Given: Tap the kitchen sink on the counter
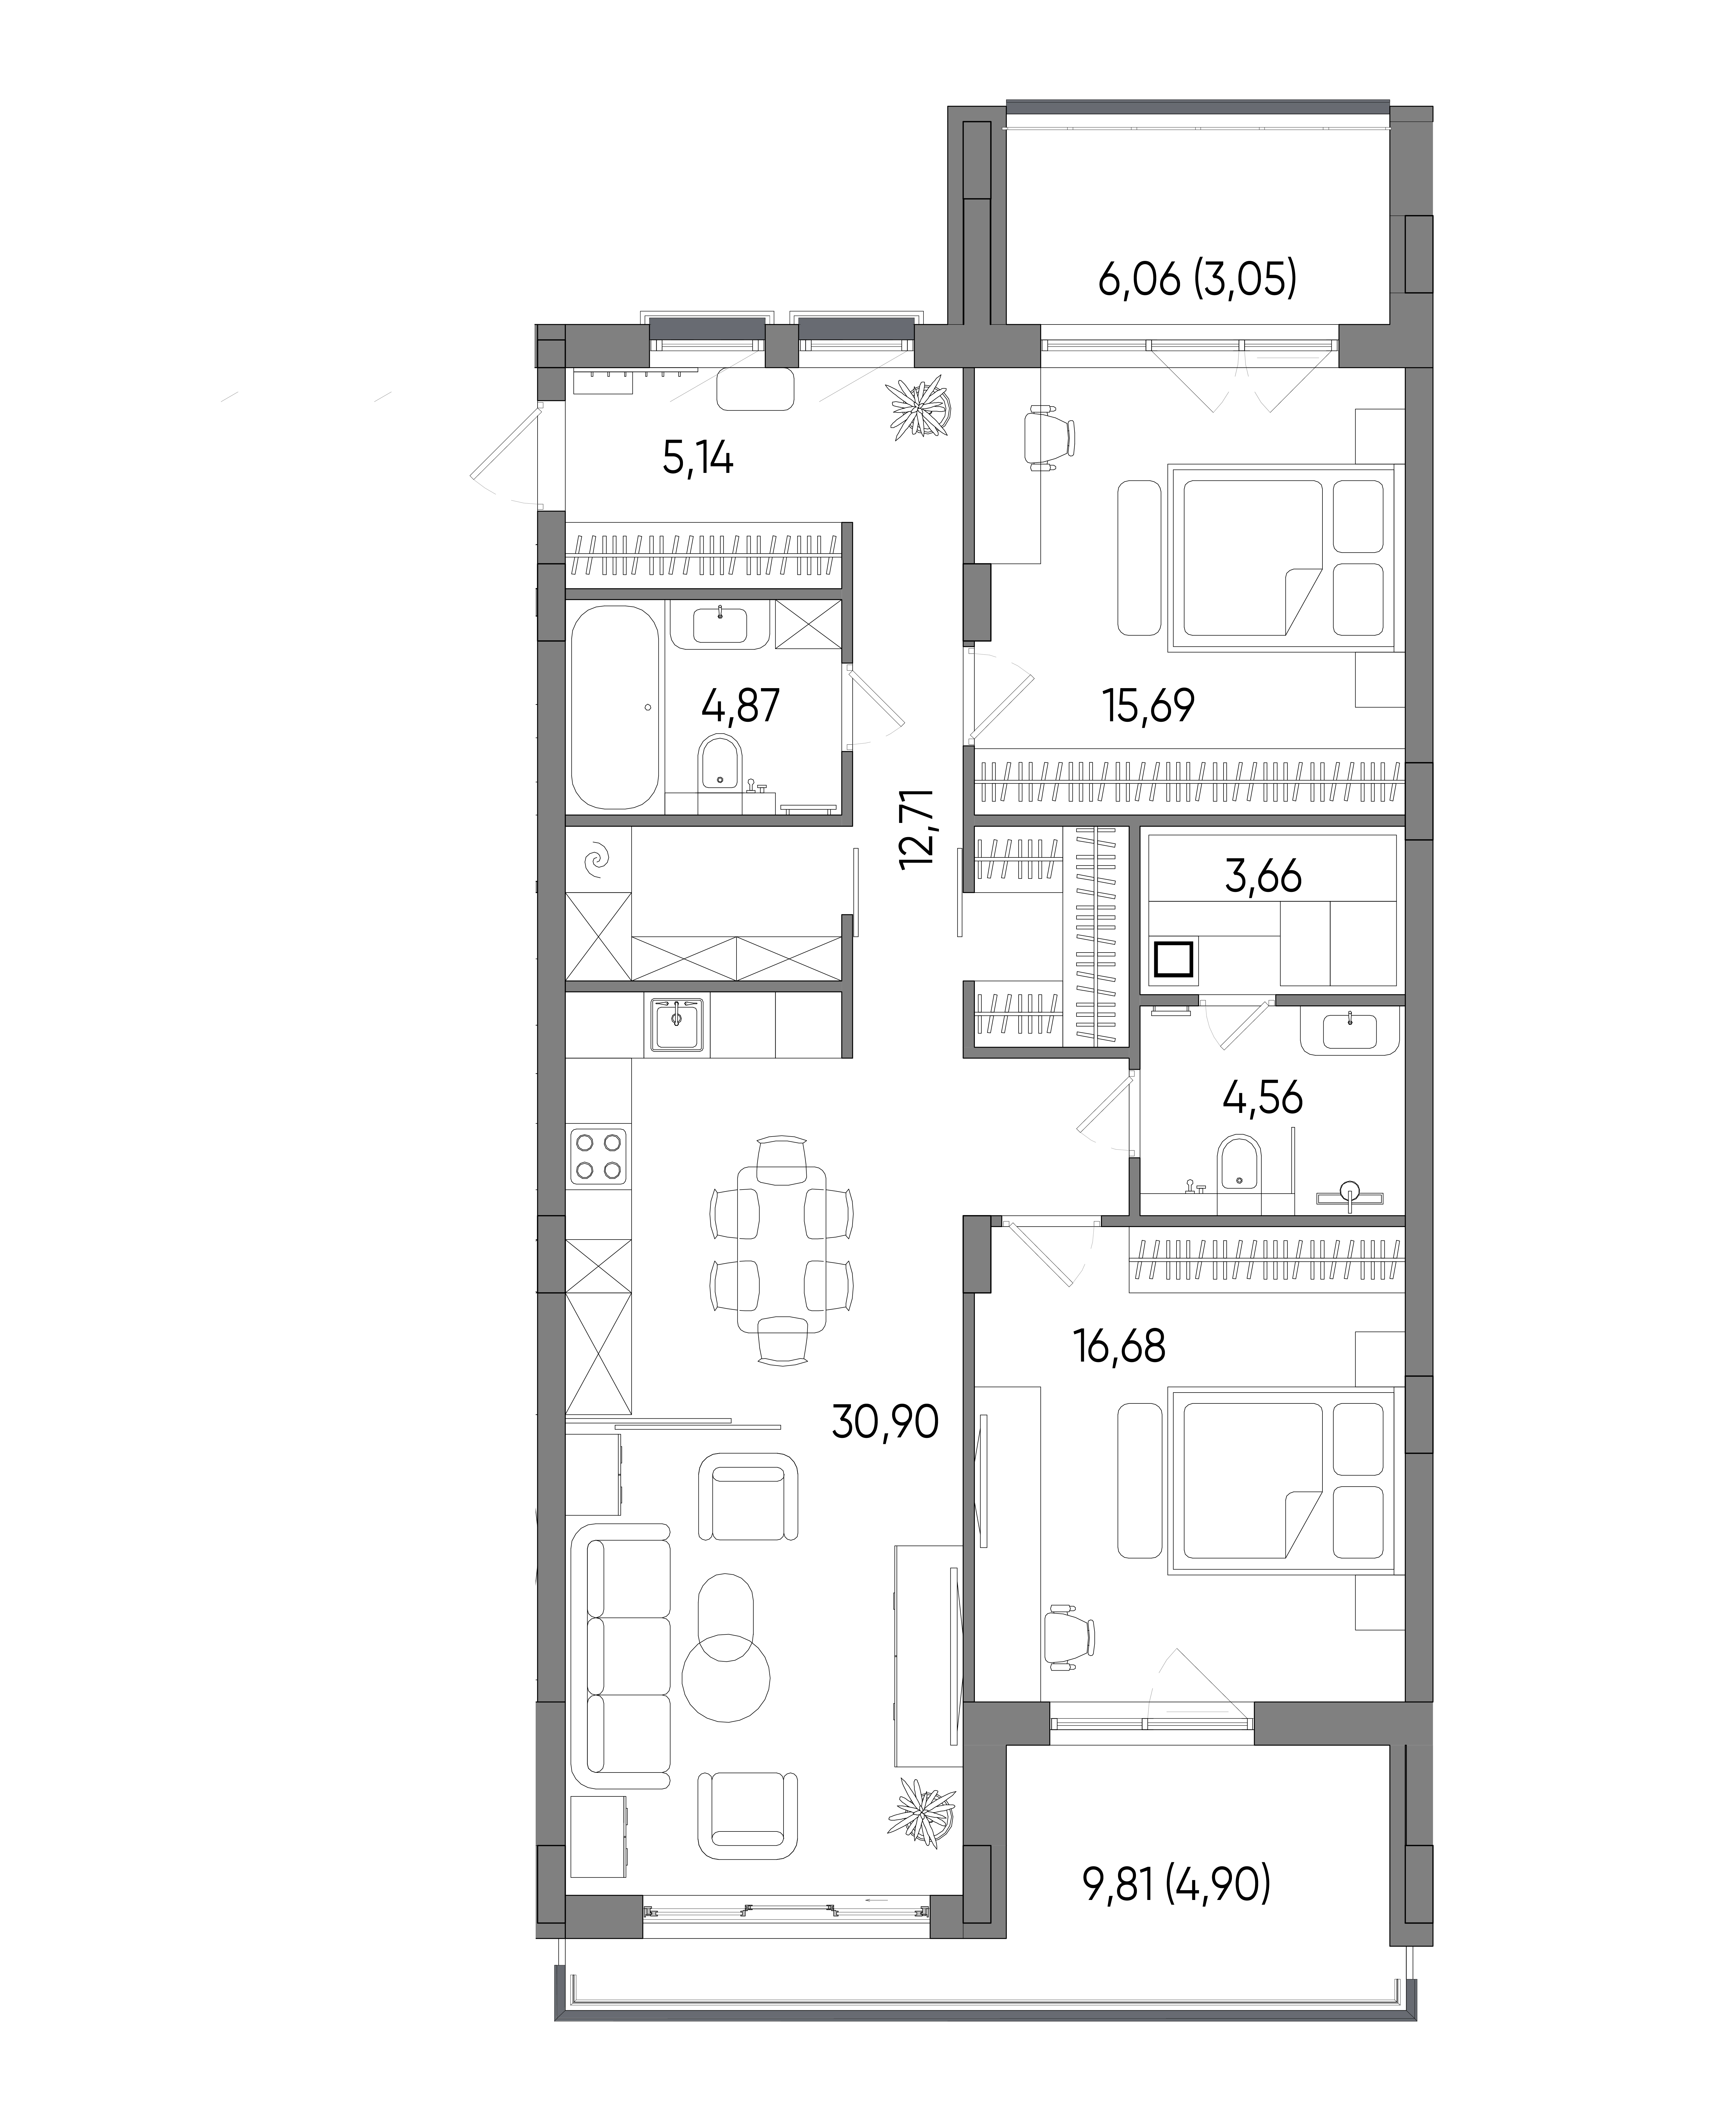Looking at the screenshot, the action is click(676, 1023).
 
